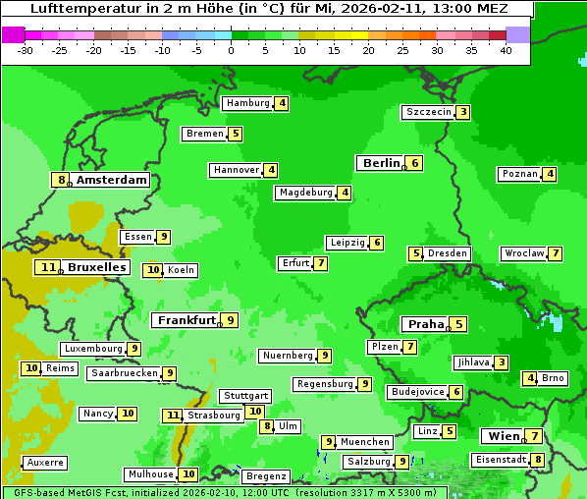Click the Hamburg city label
click(247, 103)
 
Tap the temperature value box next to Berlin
click(415, 163)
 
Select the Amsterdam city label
click(112, 180)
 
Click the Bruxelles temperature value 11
click(47, 267)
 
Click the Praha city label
click(426, 324)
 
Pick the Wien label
click(501, 436)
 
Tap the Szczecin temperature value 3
click(462, 112)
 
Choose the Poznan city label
click(519, 175)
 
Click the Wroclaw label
click(523, 253)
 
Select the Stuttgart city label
click(245, 396)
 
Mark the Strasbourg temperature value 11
click(173, 416)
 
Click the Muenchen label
click(365, 442)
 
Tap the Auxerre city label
click(44, 462)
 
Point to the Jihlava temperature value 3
click(502, 362)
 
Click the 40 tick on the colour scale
click(506, 50)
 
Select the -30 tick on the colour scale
click(27, 50)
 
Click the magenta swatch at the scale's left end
click(13, 34)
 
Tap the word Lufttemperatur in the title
click(78, 9)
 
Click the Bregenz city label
click(266, 476)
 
